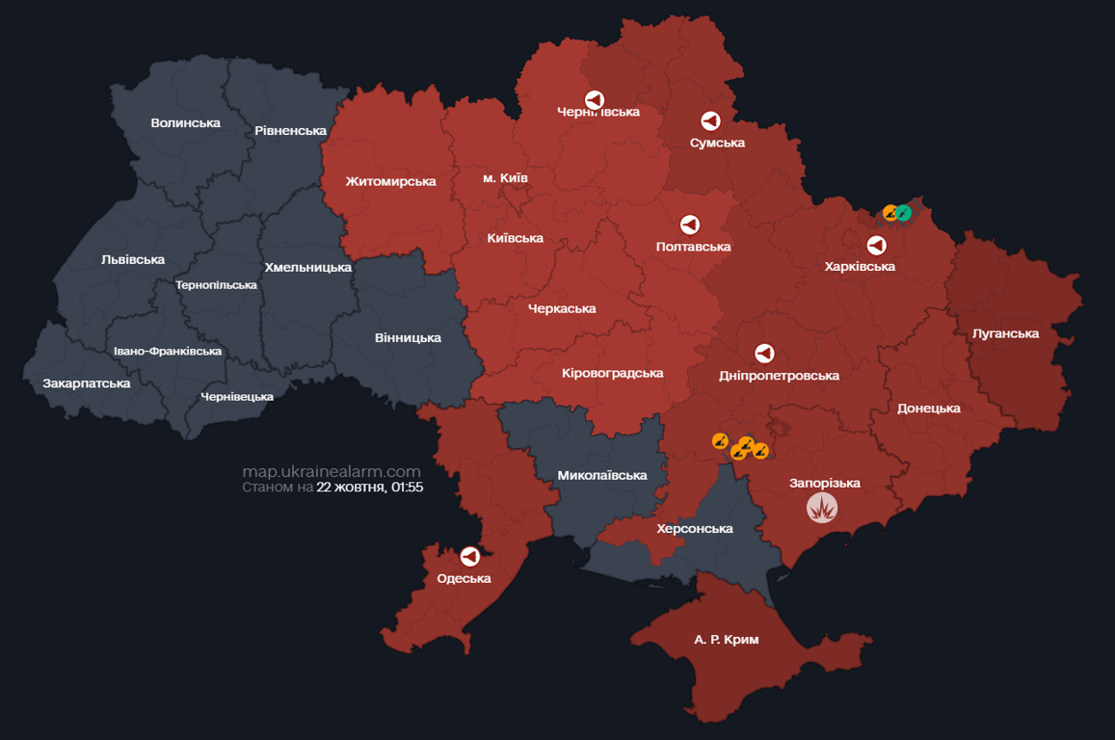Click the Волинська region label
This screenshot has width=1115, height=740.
tap(185, 123)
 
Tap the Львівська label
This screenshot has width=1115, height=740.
tap(132, 260)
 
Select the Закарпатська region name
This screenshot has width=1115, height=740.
tap(86, 383)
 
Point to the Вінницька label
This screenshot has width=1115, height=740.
tap(408, 338)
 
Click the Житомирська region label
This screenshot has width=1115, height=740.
tap(390, 182)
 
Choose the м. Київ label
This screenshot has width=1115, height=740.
tap(505, 178)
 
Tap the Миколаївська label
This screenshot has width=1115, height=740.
tap(601, 476)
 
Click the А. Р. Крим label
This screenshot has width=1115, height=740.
tap(726, 640)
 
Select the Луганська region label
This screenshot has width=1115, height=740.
tap(1006, 334)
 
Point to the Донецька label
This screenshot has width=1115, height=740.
tap(928, 409)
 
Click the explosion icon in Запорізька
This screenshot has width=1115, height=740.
tap(822, 507)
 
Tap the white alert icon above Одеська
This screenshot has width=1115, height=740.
tap(469, 557)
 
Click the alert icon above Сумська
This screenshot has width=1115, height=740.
tap(710, 121)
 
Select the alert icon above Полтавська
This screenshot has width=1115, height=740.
tap(690, 225)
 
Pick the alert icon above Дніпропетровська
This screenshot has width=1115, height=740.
tap(764, 354)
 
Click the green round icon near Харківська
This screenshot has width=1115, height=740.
tap(904, 213)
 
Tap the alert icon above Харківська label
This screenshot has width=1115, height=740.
tap(876, 246)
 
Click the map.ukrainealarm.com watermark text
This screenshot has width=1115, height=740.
tap(332, 471)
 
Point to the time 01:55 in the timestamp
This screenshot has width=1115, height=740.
tap(406, 488)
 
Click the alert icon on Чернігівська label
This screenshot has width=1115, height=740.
tap(595, 99)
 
